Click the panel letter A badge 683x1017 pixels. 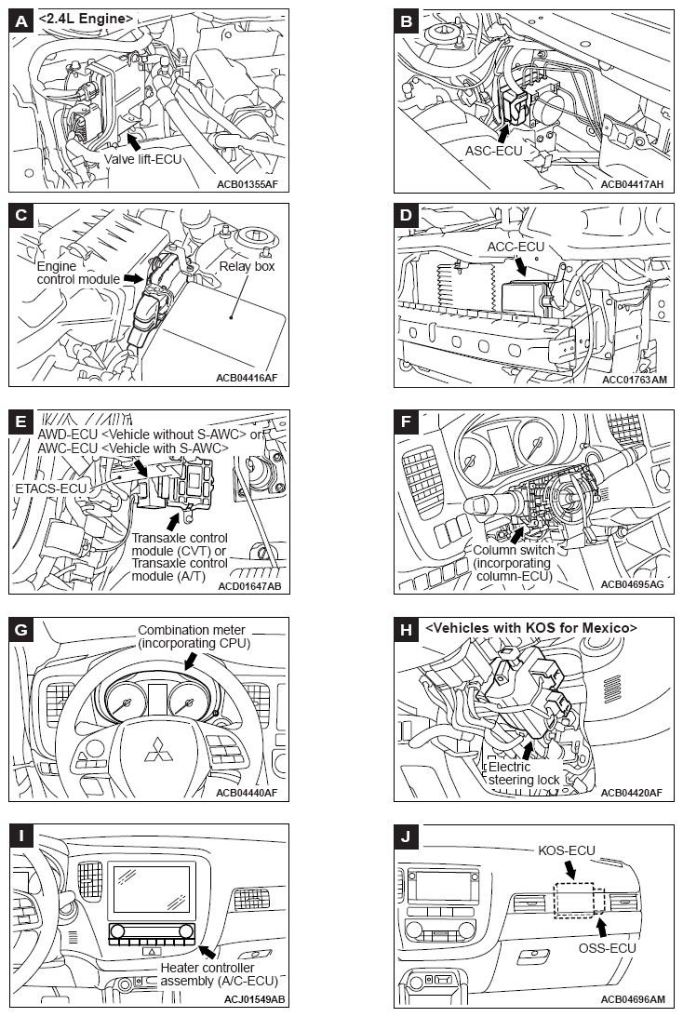pyautogui.click(x=21, y=21)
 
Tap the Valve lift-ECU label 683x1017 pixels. pyautogui.click(x=142, y=159)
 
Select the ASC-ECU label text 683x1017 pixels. pyautogui.click(x=493, y=151)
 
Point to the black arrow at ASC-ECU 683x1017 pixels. pyautogui.click(x=504, y=132)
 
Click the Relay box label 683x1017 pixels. pyautogui.click(x=248, y=266)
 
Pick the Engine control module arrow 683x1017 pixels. pyautogui.click(x=133, y=277)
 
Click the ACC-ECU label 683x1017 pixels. pyautogui.click(x=516, y=248)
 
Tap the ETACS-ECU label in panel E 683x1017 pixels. pyautogui.click(x=50, y=488)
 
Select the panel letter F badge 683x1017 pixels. pyautogui.click(x=406, y=422)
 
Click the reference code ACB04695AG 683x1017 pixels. pyautogui.click(x=633, y=584)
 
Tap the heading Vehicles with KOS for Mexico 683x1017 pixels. pyautogui.click(x=531, y=628)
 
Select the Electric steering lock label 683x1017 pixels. pyautogui.click(x=524, y=773)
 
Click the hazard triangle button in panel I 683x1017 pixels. pyautogui.click(x=151, y=951)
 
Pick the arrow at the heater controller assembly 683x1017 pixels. pyautogui.click(x=207, y=951)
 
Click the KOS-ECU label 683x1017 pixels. pyautogui.click(x=567, y=850)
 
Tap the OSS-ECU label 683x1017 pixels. pyautogui.click(x=607, y=947)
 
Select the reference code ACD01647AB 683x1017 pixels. pyautogui.click(x=249, y=586)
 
